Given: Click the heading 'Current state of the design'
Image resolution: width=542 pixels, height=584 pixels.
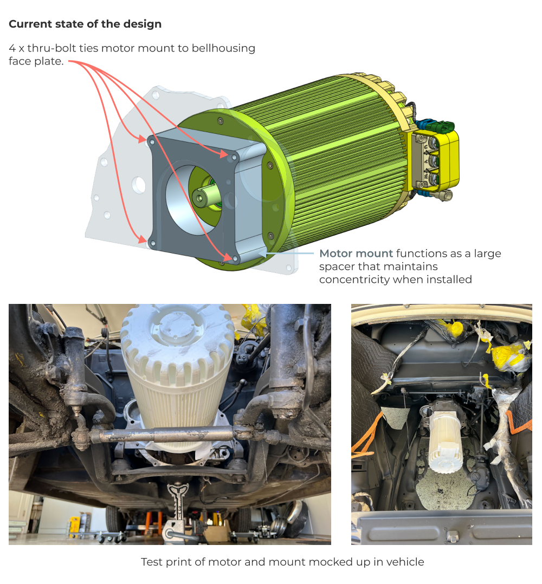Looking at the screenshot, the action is pos(85,24).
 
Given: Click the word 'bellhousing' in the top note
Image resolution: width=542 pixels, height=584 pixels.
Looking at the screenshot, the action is pos(223,48).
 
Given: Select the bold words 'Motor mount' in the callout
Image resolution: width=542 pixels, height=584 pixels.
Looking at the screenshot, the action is pos(356,254).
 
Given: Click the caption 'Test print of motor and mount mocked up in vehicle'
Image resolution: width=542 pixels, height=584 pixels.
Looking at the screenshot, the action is pos(282,562).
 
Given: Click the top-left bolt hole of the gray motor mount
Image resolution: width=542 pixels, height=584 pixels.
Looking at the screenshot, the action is pos(152,142).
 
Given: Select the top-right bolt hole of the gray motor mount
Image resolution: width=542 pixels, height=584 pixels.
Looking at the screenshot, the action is pos(234,158).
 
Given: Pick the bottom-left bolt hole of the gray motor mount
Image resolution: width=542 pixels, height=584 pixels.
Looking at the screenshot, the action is pos(152,244).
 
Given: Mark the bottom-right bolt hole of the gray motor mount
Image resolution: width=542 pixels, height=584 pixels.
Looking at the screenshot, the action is pos(235,258).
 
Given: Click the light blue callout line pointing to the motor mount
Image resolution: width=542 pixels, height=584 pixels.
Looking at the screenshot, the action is pos(289,254).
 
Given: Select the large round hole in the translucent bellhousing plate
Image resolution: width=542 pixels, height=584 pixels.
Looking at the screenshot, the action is pos(139,185).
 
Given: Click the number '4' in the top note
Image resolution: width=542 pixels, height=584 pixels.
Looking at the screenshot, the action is pos(12,48).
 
